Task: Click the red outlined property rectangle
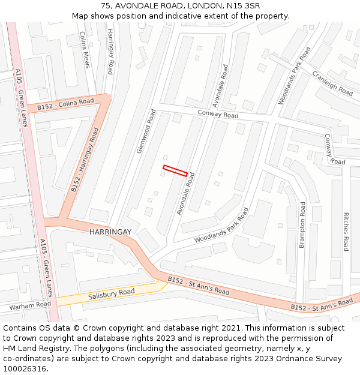pos(175,170)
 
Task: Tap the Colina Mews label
pos(84,50)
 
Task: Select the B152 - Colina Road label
pos(65,104)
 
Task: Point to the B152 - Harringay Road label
pos(85,160)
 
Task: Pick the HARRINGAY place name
pos(110,232)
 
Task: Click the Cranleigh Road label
pos(332,83)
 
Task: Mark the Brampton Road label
pos(302,225)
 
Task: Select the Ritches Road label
pos(346,231)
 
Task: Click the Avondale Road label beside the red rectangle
pos(186,194)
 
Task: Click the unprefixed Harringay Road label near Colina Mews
pos(110,52)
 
